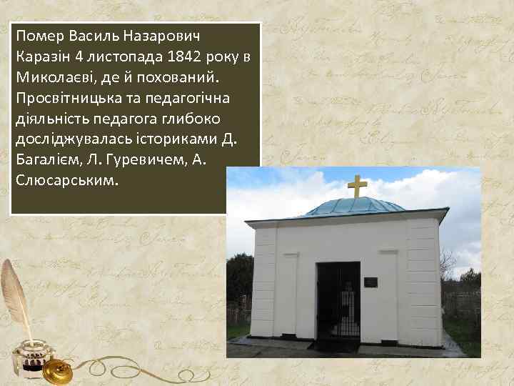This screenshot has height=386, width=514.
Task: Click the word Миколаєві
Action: click(x=51, y=76)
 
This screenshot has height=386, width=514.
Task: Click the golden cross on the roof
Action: click(x=358, y=186)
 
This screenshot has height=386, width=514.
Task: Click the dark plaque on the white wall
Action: click(x=371, y=282)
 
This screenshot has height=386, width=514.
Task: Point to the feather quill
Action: click(x=16, y=293)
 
